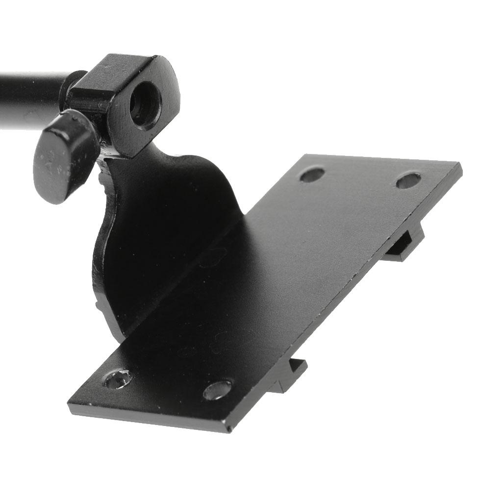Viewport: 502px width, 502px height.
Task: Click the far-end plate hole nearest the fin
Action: tap(312, 175)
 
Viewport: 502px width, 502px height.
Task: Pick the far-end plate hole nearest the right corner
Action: tap(408, 180)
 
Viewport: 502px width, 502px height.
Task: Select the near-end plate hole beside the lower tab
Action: tap(218, 390)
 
